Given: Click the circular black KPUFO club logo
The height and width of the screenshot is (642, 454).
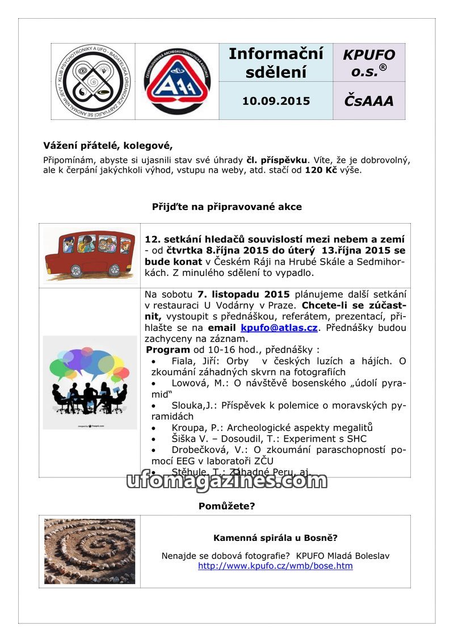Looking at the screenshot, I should tap(93, 81).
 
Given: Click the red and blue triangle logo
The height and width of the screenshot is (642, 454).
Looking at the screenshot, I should tap(177, 82).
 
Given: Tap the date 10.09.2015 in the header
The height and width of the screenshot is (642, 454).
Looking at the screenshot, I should tap(276, 101).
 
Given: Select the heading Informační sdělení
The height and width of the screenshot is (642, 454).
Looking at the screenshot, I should tap(276, 62).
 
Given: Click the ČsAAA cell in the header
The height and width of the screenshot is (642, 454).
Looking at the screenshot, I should tap(368, 101).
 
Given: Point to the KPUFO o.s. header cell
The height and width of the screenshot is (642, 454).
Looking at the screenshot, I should tap(368, 62).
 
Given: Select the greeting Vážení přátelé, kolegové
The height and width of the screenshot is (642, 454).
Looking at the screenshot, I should tap(108, 145).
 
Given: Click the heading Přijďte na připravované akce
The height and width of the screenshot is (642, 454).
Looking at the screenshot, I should tap(227, 207).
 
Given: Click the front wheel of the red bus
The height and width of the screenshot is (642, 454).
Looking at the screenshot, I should tap(115, 269).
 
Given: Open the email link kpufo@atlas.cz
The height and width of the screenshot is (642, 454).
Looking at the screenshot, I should tap(279, 328).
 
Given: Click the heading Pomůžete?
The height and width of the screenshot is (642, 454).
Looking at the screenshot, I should tap(226, 506).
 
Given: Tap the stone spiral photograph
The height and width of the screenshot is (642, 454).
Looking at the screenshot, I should tap(90, 551).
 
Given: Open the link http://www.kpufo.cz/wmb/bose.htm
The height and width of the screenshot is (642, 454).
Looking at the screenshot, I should tap(275, 566).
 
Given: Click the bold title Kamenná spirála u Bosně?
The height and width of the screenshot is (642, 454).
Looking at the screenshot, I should tap(275, 538).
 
